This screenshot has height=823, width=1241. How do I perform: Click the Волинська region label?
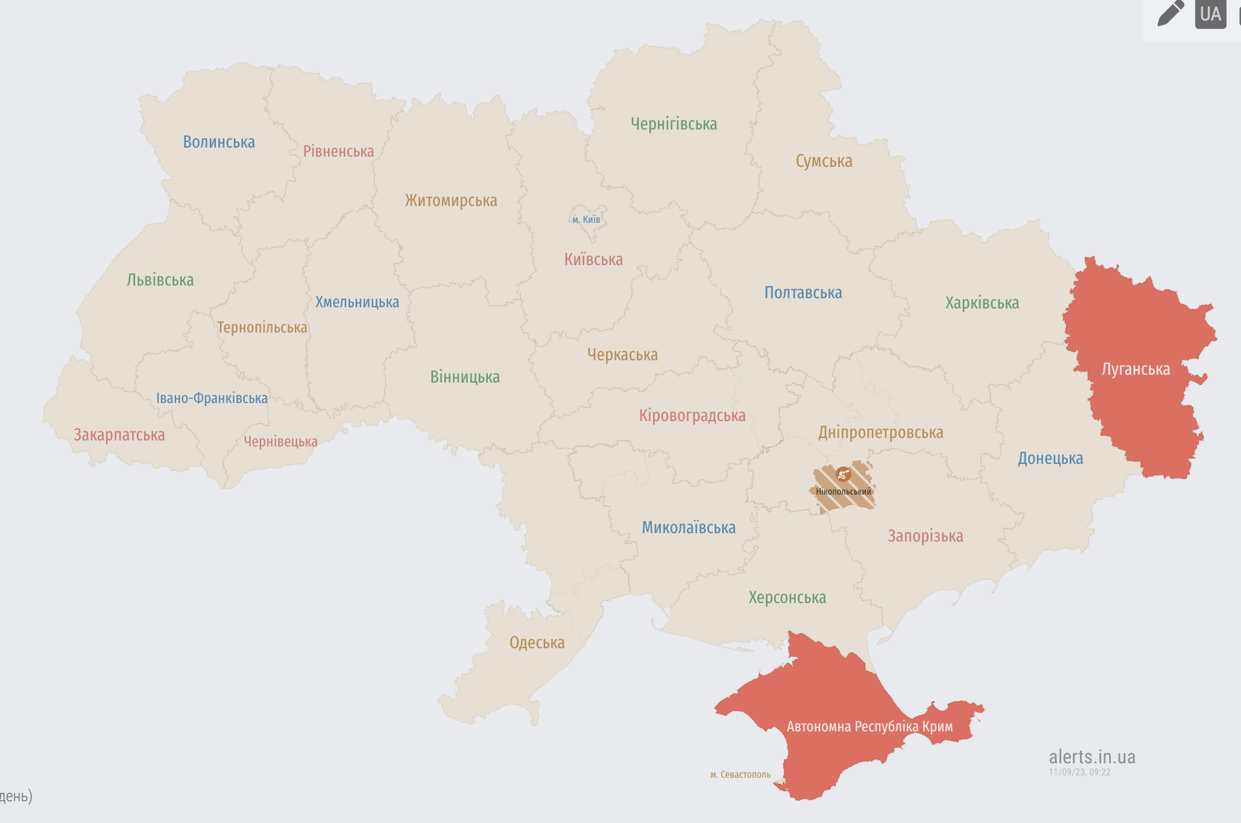pyautogui.click(x=219, y=142)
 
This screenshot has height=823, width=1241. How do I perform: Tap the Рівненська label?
pyautogui.click(x=338, y=151)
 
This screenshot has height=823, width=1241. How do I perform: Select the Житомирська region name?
pyautogui.click(x=451, y=201)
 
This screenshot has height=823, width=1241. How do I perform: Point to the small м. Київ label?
pyautogui.click(x=586, y=219)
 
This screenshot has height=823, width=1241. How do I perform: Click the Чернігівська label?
pyautogui.click(x=674, y=124)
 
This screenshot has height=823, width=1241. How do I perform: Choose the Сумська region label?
pyautogui.click(x=824, y=161)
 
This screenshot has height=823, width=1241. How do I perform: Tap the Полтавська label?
pyautogui.click(x=803, y=293)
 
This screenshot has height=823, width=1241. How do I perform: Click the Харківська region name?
pyautogui.click(x=982, y=303)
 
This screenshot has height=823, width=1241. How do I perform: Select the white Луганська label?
pyautogui.click(x=1135, y=369)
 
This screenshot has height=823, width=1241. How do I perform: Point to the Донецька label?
pyautogui.click(x=1050, y=458)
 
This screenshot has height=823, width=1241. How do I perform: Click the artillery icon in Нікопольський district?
pyautogui.click(x=843, y=475)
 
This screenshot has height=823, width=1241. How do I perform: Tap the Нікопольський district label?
pyautogui.click(x=843, y=492)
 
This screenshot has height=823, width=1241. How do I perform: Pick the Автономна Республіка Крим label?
pyautogui.click(x=870, y=727)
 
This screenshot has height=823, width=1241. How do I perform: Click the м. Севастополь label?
pyautogui.click(x=740, y=775)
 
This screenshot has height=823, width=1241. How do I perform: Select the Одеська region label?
pyautogui.click(x=537, y=643)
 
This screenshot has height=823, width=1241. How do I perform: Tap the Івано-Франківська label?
pyautogui.click(x=212, y=398)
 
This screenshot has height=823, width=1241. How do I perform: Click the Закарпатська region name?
pyautogui.click(x=119, y=435)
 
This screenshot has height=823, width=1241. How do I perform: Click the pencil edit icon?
pyautogui.click(x=1170, y=14)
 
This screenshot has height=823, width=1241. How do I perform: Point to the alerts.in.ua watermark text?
pyautogui.click(x=1091, y=757)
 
